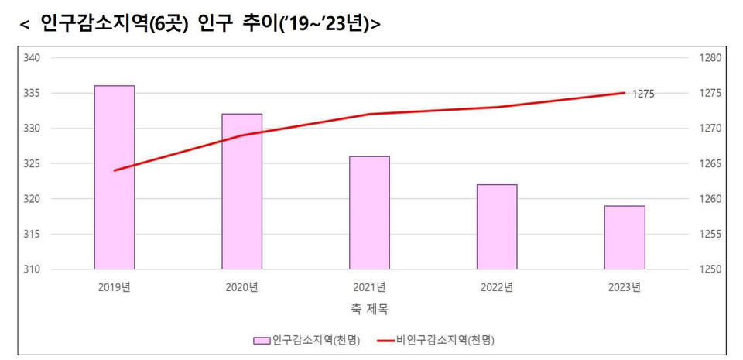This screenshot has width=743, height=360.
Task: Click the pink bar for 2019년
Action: click(x=115, y=177)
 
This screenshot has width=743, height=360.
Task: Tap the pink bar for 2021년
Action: click(x=369, y=213)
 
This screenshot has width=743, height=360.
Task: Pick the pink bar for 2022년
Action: click(x=497, y=227)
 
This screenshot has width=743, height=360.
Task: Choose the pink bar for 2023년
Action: click(x=625, y=238)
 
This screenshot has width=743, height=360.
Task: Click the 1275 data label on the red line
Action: click(x=643, y=94)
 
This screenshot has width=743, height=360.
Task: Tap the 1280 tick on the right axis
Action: click(x=710, y=58)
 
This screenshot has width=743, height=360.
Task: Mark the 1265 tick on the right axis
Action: click(x=710, y=164)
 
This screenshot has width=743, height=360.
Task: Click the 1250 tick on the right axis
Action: click(x=710, y=269)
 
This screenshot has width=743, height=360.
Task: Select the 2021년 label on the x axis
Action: click(x=369, y=287)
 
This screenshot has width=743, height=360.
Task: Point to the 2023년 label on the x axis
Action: click(x=625, y=287)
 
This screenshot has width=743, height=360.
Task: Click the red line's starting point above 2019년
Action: click(x=115, y=170)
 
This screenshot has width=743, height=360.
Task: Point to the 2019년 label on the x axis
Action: click(x=115, y=287)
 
